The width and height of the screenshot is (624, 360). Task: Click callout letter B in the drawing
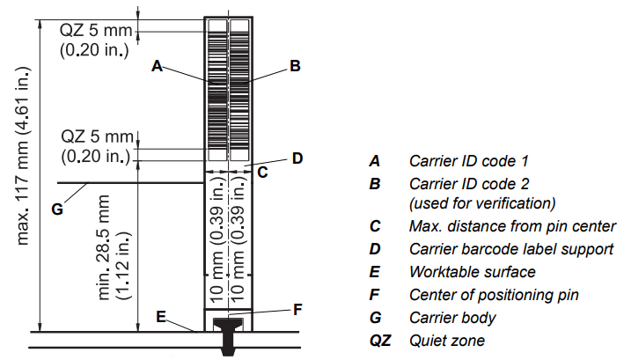[296, 65]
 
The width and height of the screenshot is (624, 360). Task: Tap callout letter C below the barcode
[262, 173]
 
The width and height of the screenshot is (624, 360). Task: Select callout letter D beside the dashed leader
[297, 158]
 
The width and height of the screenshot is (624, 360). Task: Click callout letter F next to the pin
[297, 309]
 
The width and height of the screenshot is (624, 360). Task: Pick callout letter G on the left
[58, 209]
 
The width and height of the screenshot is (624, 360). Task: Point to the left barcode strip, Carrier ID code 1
[216, 88]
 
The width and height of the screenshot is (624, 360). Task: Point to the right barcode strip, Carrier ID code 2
[239, 88]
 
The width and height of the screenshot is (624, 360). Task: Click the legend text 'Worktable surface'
[472, 271]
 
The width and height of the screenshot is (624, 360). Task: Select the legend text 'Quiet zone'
[446, 340]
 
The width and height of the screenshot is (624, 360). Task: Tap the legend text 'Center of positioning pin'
[493, 294]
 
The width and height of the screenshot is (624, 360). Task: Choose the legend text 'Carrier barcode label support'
[510, 248]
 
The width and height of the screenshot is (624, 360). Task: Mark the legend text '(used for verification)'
[482, 202]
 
